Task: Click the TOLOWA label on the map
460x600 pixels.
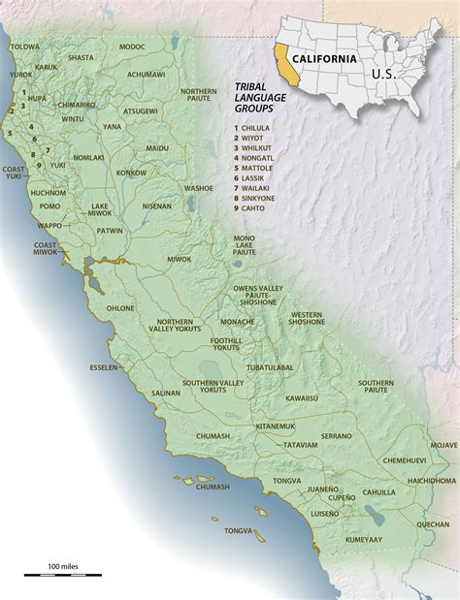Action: tap(25, 46)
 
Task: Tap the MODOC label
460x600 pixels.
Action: tap(132, 46)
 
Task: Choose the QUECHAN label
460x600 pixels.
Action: tap(433, 497)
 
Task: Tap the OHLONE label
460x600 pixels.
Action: tap(120, 308)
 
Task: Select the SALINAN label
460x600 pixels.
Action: tap(166, 393)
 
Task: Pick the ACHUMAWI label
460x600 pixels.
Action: tap(146, 74)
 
